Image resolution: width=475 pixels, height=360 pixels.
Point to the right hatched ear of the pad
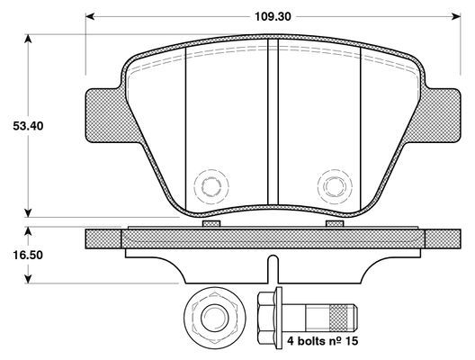tap(438, 115)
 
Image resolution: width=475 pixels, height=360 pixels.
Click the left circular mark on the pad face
tap(212, 187)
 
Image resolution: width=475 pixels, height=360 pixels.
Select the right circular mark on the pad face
tap(334, 187)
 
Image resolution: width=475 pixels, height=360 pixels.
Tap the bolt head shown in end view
tap(212, 317)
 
